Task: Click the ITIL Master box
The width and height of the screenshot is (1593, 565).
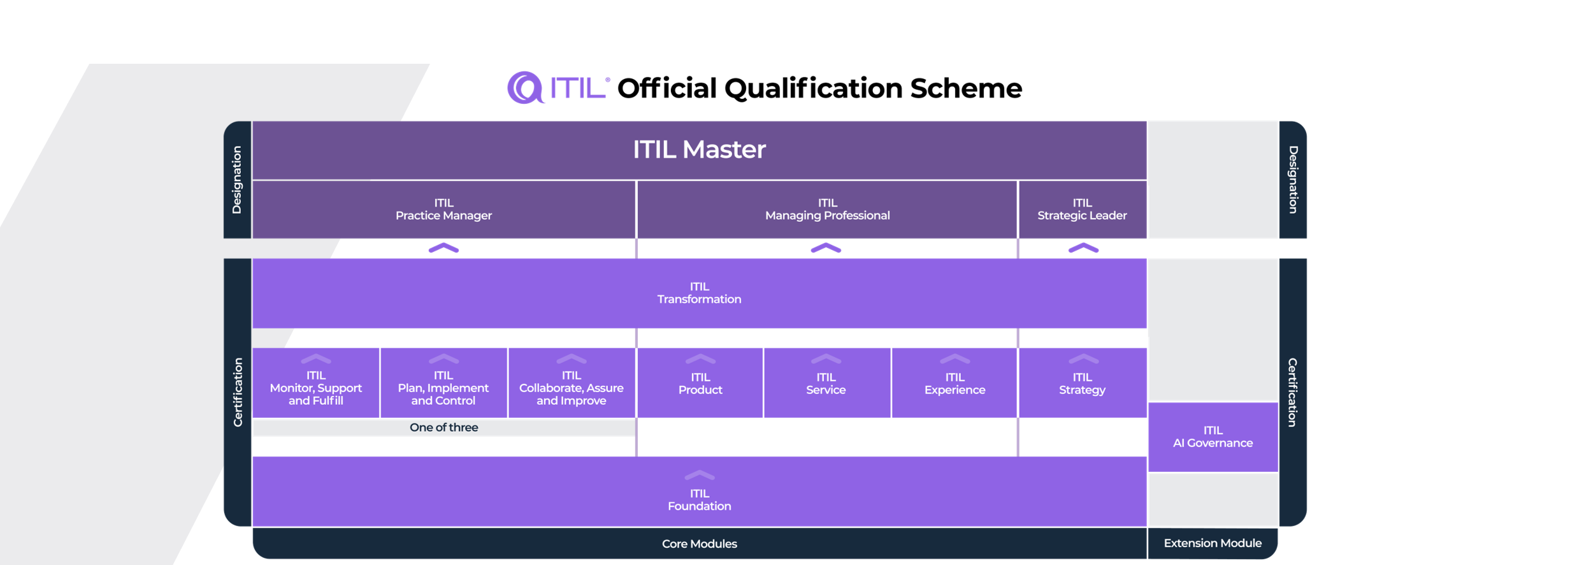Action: (699, 150)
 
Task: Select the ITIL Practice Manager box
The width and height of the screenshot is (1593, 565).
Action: (443, 210)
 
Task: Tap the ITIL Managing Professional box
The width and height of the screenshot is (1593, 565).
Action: (827, 210)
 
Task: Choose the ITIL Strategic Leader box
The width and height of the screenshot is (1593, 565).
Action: (1083, 210)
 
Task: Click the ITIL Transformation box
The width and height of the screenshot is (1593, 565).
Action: (699, 293)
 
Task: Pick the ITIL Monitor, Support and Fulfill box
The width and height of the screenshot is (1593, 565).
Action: (316, 383)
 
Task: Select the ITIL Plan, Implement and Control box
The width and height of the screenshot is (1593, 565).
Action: (443, 383)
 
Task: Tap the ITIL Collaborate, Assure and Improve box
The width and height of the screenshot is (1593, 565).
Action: (572, 383)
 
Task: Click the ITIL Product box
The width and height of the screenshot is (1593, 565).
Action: (700, 383)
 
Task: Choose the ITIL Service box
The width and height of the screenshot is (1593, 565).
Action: (827, 383)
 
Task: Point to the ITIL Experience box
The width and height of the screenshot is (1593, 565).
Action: (955, 383)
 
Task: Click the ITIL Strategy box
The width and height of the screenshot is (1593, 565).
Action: (1083, 383)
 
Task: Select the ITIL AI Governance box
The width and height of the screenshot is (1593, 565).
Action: (1213, 437)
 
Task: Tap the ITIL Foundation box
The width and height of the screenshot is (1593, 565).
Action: (699, 492)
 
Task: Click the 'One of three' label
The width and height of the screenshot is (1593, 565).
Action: (443, 427)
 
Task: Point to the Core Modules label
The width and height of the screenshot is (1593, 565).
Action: (699, 544)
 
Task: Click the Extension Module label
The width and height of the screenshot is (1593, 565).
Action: (1213, 543)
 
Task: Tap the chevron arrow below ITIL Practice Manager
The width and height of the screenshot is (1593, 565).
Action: (443, 248)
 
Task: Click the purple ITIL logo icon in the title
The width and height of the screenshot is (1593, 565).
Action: (525, 87)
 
